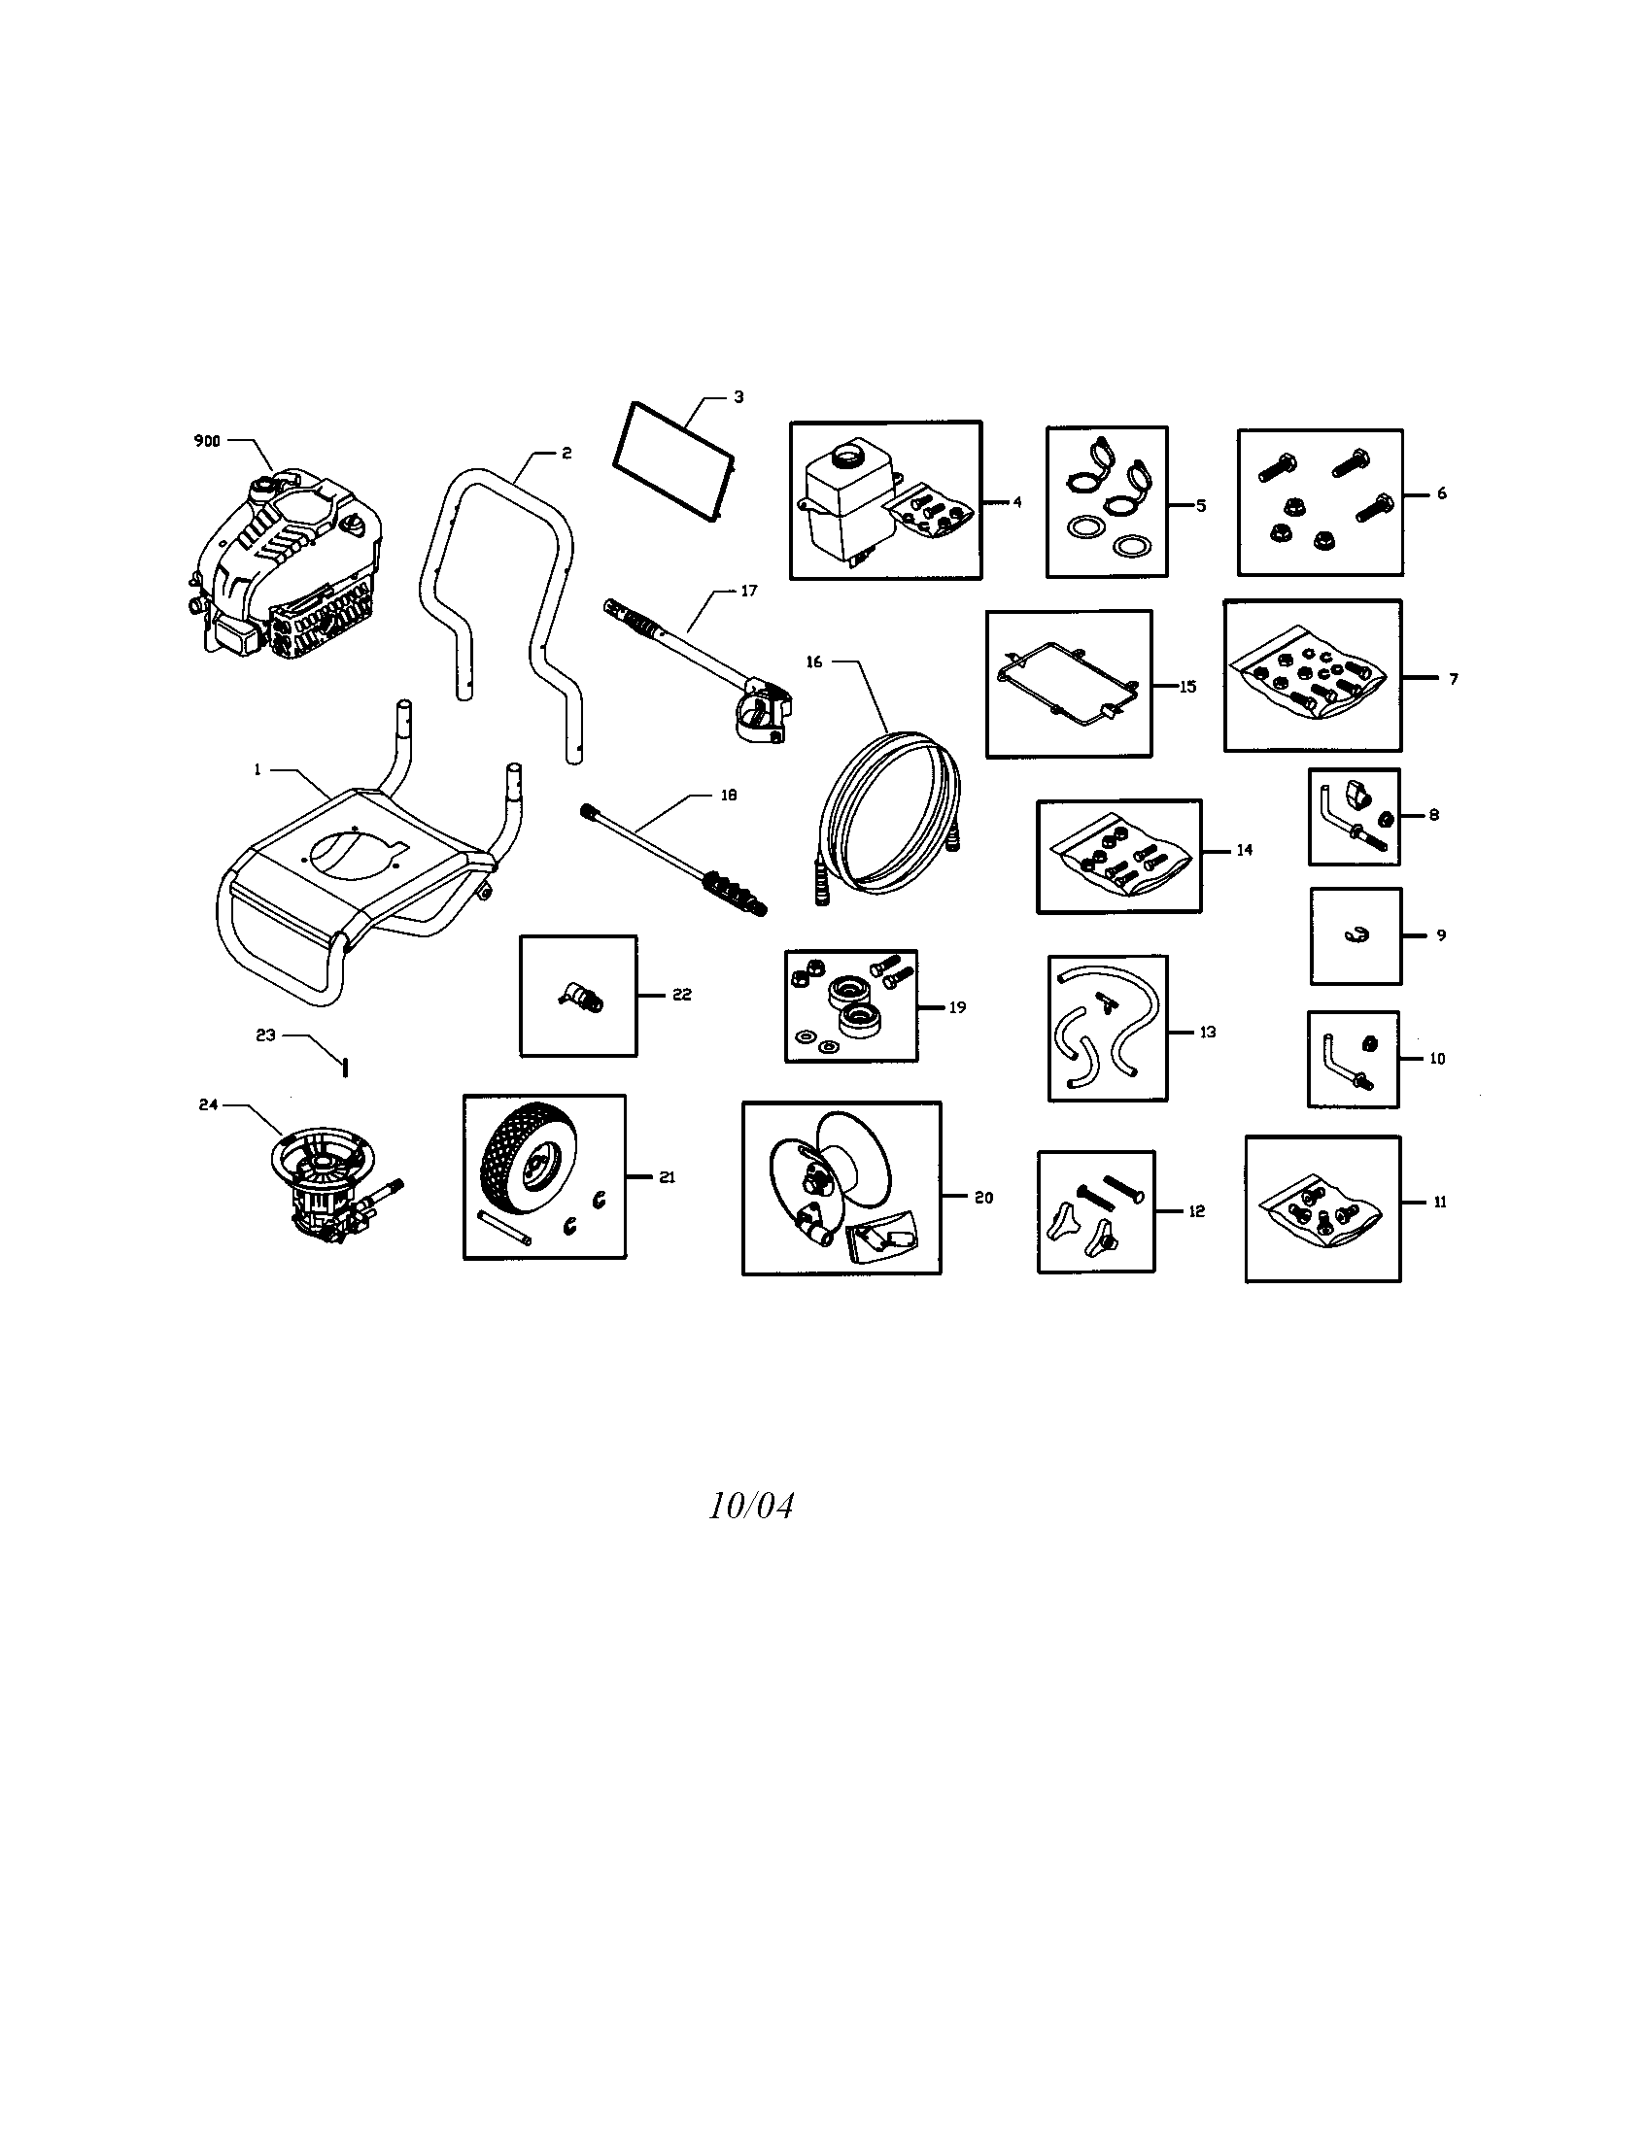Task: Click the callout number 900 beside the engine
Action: click(x=207, y=441)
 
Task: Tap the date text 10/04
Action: click(x=751, y=1506)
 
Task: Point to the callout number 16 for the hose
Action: click(x=814, y=662)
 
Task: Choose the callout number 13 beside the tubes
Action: click(x=1208, y=1032)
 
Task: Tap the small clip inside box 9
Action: click(x=1355, y=935)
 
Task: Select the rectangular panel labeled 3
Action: click(x=673, y=459)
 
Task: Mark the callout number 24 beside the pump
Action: click(x=209, y=1104)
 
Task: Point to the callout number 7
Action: click(x=1454, y=679)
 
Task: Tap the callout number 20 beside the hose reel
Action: click(x=983, y=1197)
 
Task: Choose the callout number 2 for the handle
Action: click(x=566, y=454)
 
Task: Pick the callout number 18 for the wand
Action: click(x=729, y=796)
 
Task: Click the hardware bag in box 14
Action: click(x=1119, y=858)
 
